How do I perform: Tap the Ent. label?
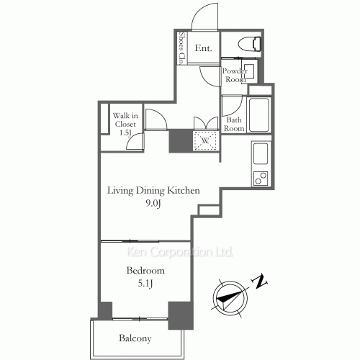[203, 50]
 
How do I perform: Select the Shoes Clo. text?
[183, 48]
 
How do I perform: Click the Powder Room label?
[234, 76]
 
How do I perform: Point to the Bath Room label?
[234, 124]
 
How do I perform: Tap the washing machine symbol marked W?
[205, 140]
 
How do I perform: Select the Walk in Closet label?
[124, 119]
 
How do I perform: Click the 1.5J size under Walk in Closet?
[124, 133]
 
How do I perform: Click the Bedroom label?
[145, 271]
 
